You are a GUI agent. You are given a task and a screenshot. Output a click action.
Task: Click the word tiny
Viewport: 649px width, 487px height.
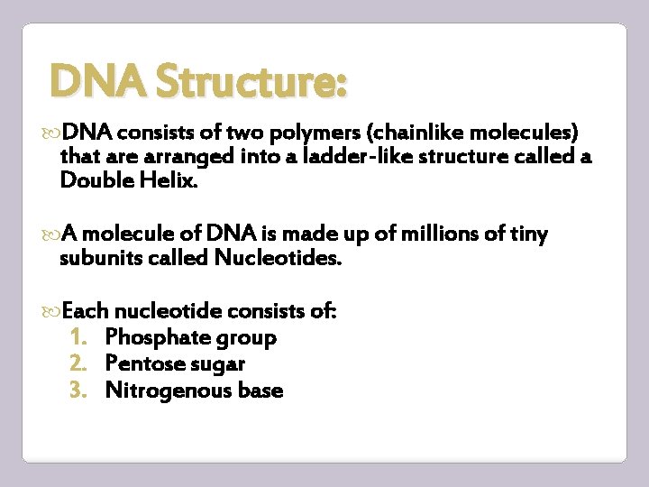click(527, 235)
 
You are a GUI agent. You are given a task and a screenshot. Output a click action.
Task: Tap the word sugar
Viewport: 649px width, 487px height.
click(218, 365)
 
